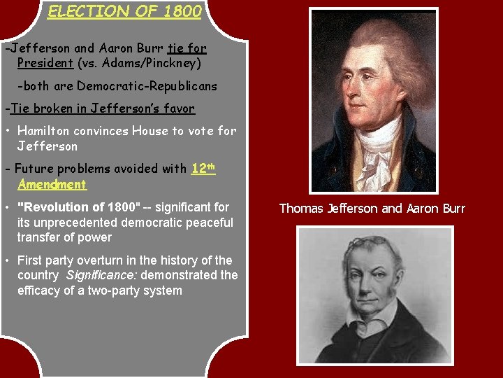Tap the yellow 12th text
pos(203,169)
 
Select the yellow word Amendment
pos(52,185)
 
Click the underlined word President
pos(45,63)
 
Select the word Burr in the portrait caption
pos(452,209)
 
